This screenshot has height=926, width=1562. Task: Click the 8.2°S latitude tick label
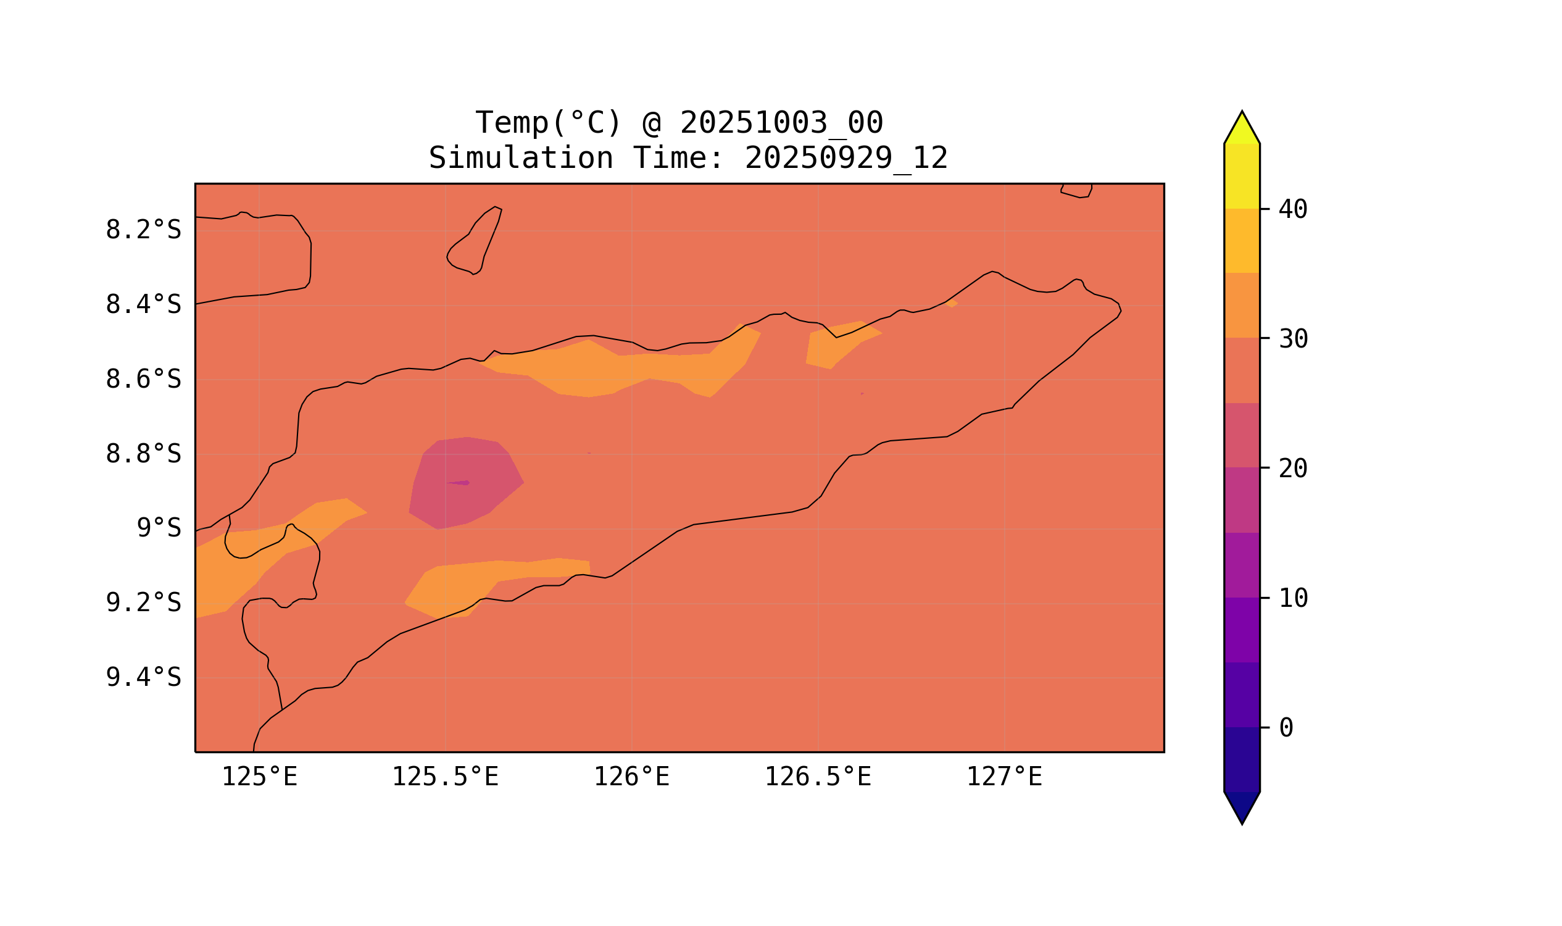click(x=143, y=230)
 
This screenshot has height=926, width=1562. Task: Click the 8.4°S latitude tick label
click(x=143, y=305)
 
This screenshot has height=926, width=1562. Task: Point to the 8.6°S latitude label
click(x=143, y=380)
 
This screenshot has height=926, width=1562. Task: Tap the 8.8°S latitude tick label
click(x=143, y=454)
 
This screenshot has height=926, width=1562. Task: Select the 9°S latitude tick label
click(x=159, y=528)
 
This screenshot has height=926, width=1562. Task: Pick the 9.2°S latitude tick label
click(x=143, y=603)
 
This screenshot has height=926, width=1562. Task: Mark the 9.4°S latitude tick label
click(x=143, y=677)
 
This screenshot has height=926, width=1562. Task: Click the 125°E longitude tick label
click(x=259, y=777)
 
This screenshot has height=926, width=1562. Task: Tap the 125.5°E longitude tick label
click(x=445, y=777)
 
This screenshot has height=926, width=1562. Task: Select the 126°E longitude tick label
click(x=631, y=777)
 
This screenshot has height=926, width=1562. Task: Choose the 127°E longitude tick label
click(x=1003, y=777)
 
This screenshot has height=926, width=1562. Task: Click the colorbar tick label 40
click(x=1292, y=210)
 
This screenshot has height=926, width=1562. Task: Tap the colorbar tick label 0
click(x=1286, y=728)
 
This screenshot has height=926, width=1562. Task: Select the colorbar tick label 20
click(x=1292, y=469)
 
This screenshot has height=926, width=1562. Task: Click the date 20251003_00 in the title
click(x=781, y=123)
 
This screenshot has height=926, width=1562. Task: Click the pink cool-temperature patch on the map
click(x=465, y=483)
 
